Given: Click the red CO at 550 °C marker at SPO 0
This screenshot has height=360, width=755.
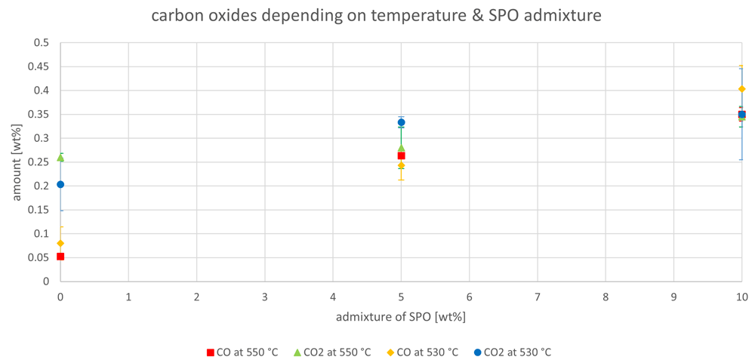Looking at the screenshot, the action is [60, 257].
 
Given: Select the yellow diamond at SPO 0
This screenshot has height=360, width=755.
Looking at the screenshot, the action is [60, 243].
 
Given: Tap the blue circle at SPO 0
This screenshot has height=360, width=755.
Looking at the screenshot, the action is [60, 184].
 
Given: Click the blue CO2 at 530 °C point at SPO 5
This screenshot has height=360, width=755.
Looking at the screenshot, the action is [401, 122].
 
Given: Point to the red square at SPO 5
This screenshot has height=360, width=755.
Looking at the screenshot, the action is [401, 155].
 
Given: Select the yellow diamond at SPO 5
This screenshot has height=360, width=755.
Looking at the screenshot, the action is [401, 165].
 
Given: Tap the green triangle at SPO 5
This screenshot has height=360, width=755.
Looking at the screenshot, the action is [401, 148].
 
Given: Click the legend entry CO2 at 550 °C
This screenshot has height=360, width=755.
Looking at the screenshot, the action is [332, 352].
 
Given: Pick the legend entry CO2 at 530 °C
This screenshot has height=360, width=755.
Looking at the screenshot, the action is [513, 352].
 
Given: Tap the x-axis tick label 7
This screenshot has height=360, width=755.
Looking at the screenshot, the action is [538, 297].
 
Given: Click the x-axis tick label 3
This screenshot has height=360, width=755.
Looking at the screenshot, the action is [265, 297].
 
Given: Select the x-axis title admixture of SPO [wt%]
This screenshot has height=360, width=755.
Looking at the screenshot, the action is [401, 317].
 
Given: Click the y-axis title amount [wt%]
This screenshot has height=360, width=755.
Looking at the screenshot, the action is [17, 162].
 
